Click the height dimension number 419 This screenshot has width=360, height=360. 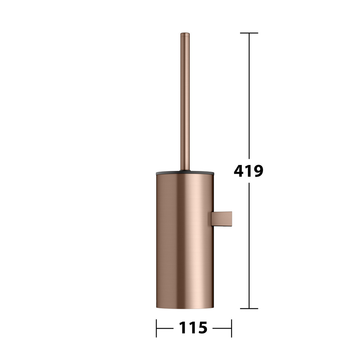248,171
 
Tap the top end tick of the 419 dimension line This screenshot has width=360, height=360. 249,33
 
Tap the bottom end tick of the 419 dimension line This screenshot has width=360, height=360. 249,309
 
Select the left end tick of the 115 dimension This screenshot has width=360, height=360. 156,328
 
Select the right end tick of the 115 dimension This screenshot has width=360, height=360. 231,328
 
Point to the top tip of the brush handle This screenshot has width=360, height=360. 185,33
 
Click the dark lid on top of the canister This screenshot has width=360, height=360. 185,173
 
